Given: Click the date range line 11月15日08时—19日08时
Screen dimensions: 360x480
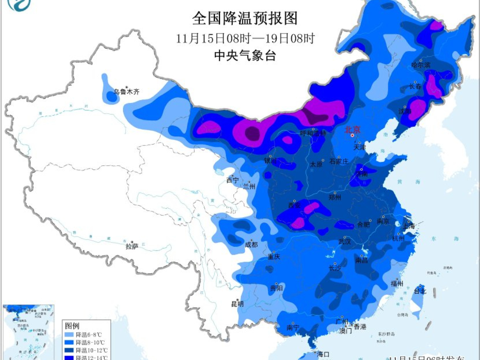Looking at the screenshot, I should click(x=245, y=38).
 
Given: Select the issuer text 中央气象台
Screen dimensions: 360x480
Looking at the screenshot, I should click(x=245, y=56).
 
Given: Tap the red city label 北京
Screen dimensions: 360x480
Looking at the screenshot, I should click(x=352, y=129).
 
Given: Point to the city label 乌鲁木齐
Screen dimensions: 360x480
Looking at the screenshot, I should click(x=127, y=91).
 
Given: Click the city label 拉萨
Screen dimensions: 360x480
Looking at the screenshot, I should click(x=132, y=246).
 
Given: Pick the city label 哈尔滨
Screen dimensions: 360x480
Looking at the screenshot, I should click(x=420, y=65).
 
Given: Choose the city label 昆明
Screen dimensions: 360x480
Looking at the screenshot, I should click(x=237, y=304).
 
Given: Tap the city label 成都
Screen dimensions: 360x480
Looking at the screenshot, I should click(x=251, y=245).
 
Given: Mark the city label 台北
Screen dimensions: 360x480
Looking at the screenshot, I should click(x=420, y=291).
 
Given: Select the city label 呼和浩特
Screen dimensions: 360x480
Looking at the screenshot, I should click(x=313, y=133).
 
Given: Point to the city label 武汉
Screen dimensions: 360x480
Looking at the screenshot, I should click(x=345, y=242).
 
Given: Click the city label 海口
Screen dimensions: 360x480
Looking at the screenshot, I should click(x=323, y=354).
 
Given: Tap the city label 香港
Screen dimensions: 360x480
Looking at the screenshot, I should click(x=360, y=327).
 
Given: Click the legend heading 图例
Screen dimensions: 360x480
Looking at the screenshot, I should click(x=72, y=325).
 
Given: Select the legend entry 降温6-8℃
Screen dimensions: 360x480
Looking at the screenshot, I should click(x=88, y=334).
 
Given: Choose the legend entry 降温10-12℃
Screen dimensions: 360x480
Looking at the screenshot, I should click(x=91, y=350).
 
